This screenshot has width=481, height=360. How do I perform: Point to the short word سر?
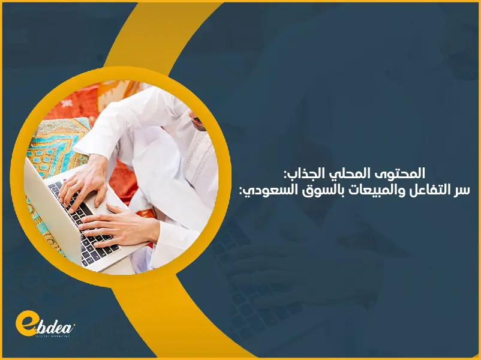[464, 190]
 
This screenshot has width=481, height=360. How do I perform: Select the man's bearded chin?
[199, 122]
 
